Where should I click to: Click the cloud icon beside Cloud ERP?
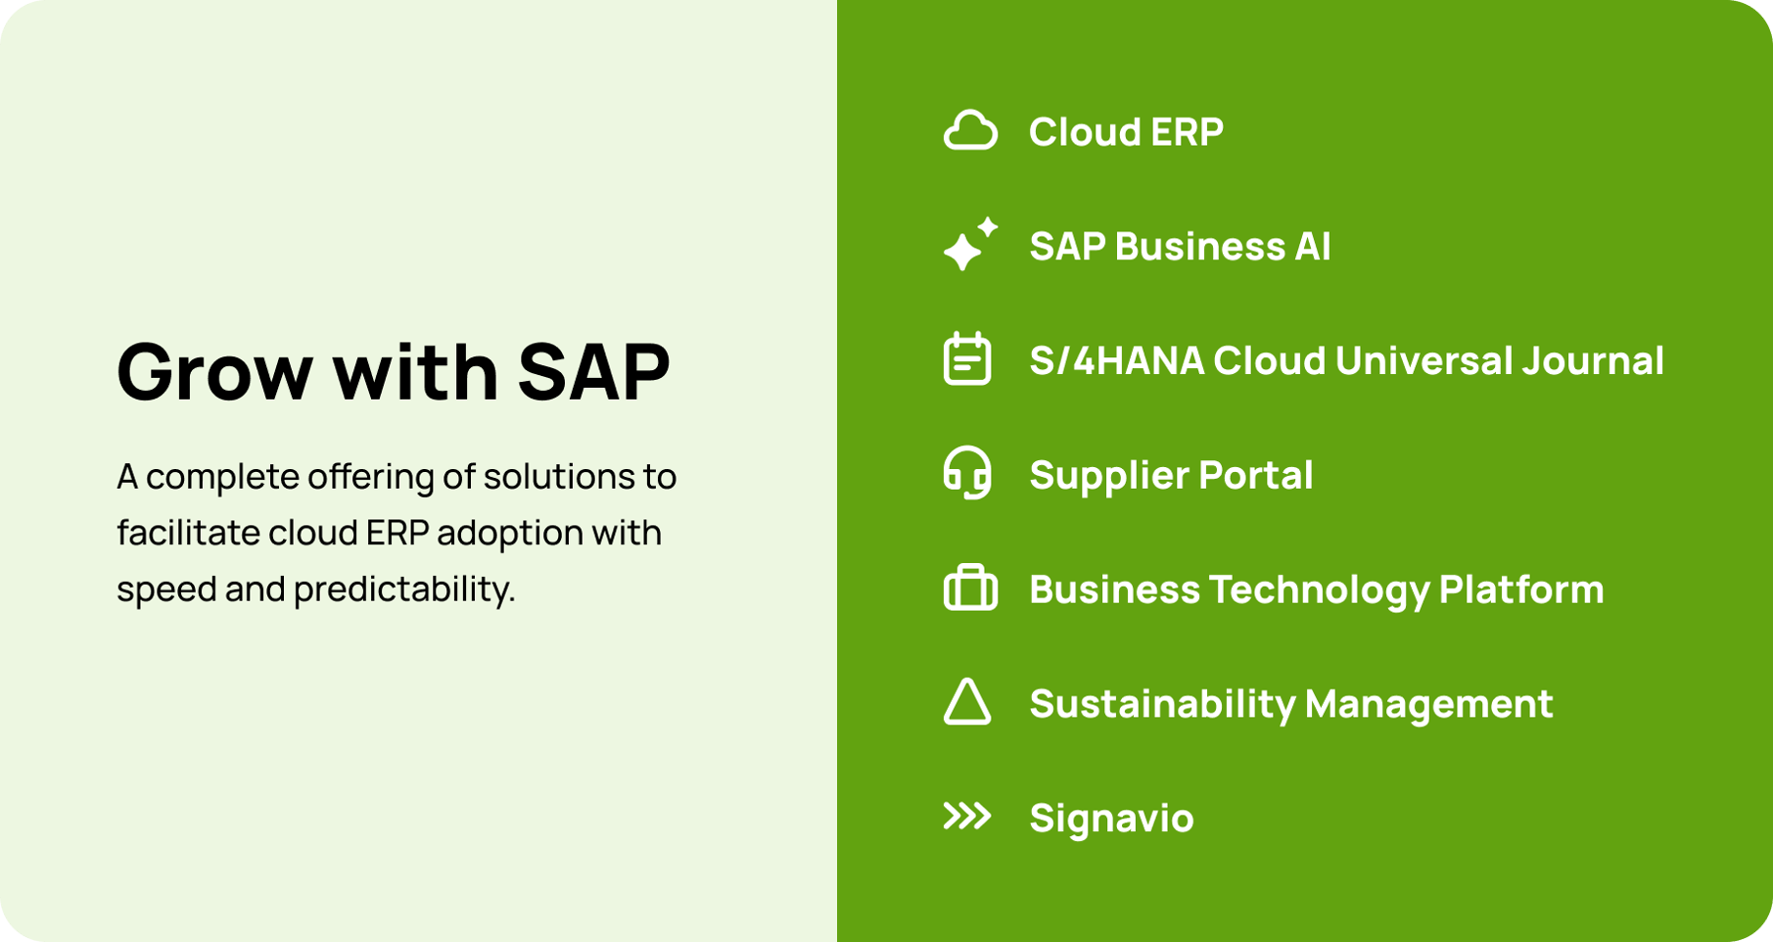point(969,131)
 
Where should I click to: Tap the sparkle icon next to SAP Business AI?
point(968,245)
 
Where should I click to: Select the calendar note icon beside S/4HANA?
point(967,359)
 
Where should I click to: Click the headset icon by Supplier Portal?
point(967,474)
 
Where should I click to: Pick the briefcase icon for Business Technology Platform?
point(969,589)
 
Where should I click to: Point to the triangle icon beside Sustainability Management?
point(967,703)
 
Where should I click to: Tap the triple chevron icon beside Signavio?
point(967,816)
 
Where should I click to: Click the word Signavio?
point(1111,819)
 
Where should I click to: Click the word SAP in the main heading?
point(593,372)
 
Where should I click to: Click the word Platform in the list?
point(1520,589)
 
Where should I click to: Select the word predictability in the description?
point(403,589)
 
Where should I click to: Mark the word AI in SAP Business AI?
point(1312,247)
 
